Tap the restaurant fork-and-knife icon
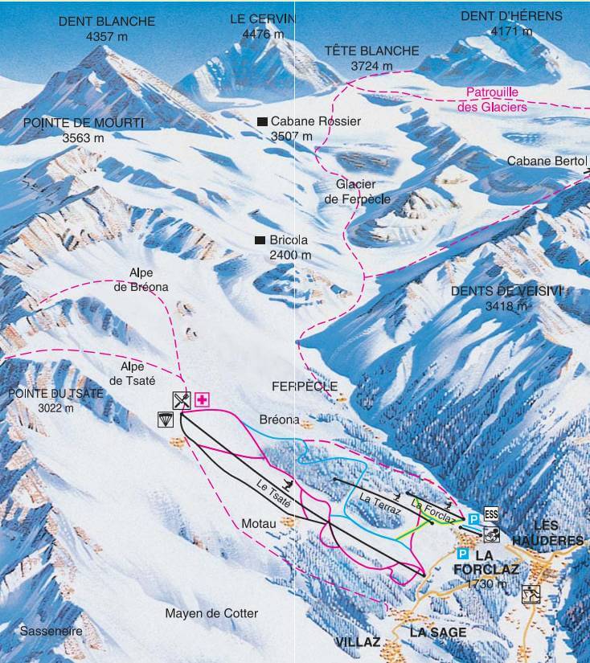click(x=182, y=400)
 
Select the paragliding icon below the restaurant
click(x=166, y=419)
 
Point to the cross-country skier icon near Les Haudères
click(x=531, y=595)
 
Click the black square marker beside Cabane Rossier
click(x=261, y=121)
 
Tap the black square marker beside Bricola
click(x=260, y=240)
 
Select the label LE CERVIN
click(x=263, y=18)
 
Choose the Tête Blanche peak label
click(x=371, y=51)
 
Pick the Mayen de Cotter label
click(x=211, y=614)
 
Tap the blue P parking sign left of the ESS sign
click(x=473, y=519)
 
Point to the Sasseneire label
click(x=52, y=631)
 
